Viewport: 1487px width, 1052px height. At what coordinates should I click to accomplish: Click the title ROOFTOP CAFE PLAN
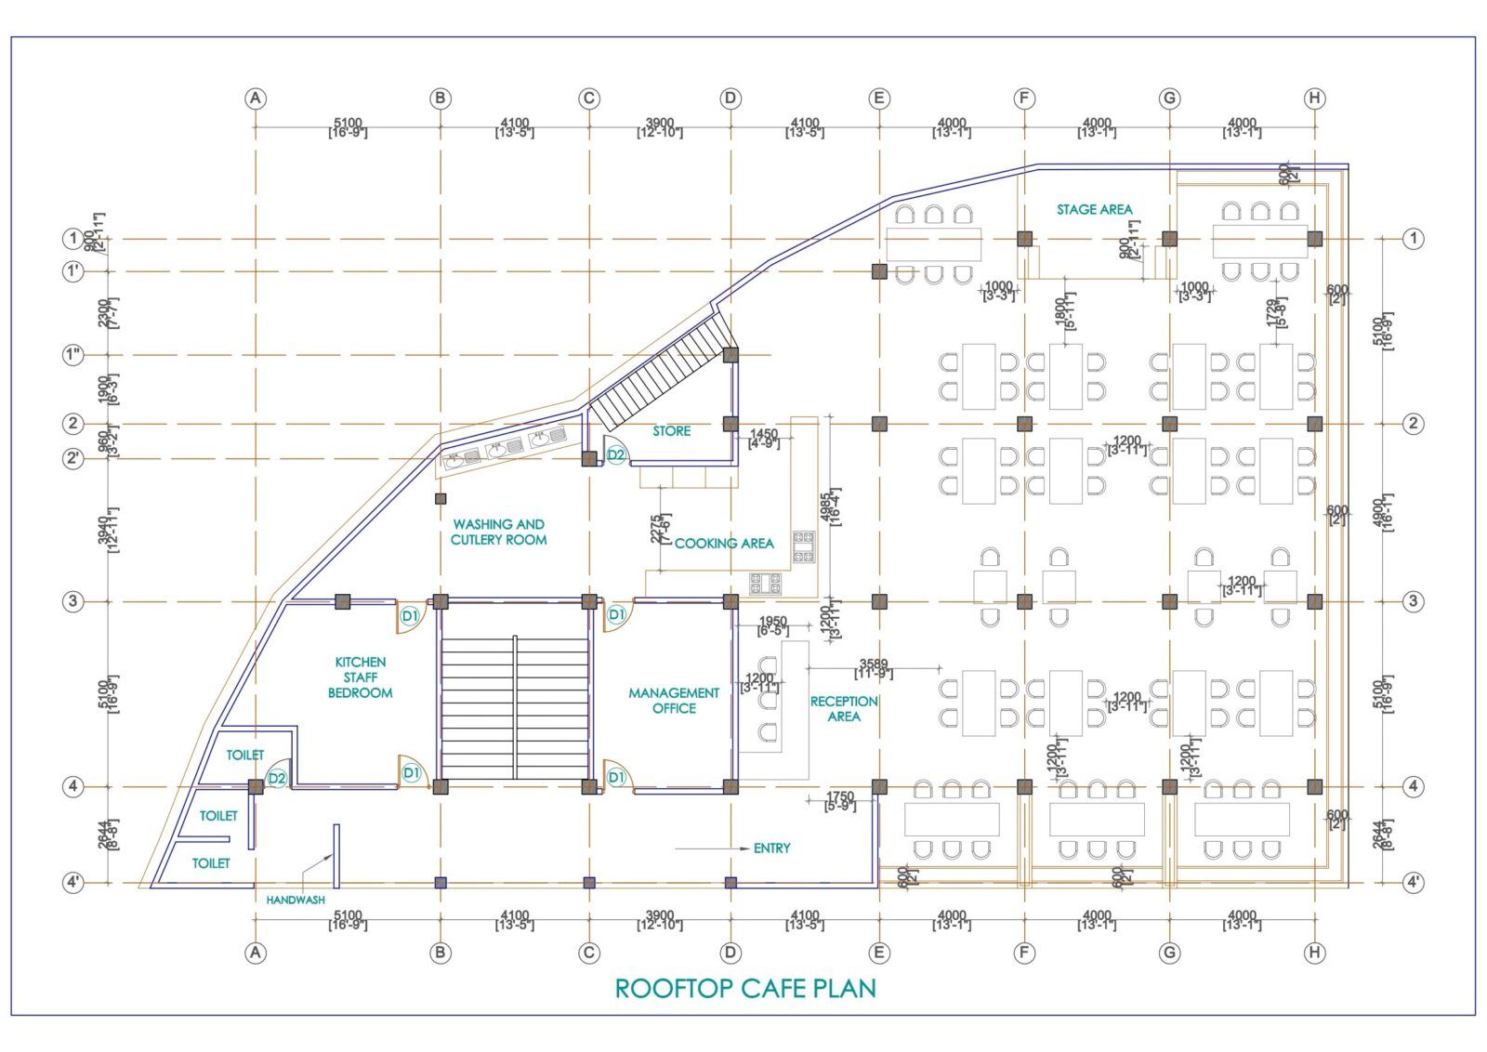pyautogui.click(x=745, y=988)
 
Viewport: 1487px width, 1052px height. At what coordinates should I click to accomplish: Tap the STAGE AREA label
pyautogui.click(x=1094, y=210)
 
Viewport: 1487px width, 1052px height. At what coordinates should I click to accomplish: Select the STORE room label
pyautogui.click(x=671, y=431)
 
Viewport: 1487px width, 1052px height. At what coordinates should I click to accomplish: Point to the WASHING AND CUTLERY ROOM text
pyautogui.click(x=499, y=532)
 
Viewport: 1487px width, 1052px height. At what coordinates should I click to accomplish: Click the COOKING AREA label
pyautogui.click(x=724, y=543)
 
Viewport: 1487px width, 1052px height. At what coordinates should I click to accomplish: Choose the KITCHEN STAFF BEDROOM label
pyautogui.click(x=360, y=677)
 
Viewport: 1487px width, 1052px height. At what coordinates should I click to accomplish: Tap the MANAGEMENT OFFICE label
pyautogui.click(x=674, y=701)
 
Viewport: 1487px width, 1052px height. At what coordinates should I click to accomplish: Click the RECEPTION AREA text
pyautogui.click(x=843, y=708)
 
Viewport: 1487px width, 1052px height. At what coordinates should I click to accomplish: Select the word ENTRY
pyautogui.click(x=771, y=848)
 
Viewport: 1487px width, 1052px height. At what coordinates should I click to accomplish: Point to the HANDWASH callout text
pyautogui.click(x=296, y=900)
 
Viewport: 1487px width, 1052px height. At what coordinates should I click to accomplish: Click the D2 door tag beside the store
pyautogui.click(x=616, y=454)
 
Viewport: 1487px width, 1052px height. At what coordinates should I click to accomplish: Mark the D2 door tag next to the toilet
pyautogui.click(x=277, y=778)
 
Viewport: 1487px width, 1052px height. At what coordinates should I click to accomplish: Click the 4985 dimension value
pyautogui.click(x=826, y=508)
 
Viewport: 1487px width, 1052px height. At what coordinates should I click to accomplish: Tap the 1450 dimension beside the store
pyautogui.click(x=764, y=435)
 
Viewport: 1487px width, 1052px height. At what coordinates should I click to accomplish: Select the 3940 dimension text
pyautogui.click(x=104, y=530)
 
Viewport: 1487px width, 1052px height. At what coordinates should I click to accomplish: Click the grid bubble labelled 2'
pyautogui.click(x=73, y=458)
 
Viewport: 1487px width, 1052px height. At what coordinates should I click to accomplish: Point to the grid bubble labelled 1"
pyautogui.click(x=73, y=355)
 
